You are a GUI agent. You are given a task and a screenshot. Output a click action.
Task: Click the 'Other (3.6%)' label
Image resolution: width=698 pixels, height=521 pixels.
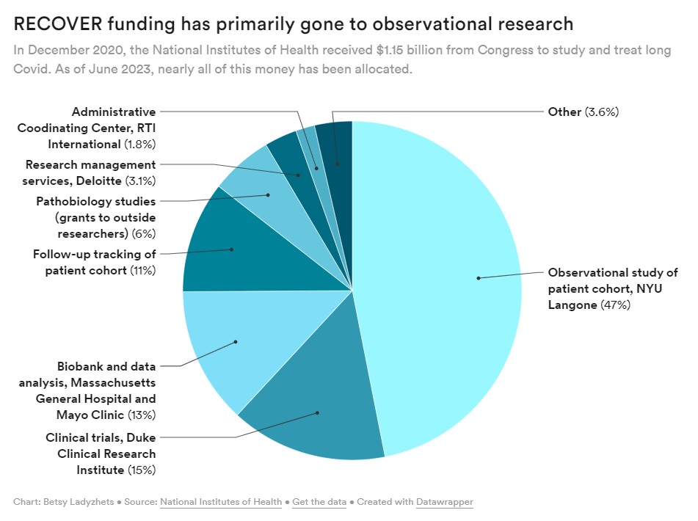(584, 112)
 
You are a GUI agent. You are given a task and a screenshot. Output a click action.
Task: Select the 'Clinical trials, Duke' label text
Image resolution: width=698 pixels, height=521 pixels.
(101, 437)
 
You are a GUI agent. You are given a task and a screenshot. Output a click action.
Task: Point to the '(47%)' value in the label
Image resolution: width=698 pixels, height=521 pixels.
(616, 305)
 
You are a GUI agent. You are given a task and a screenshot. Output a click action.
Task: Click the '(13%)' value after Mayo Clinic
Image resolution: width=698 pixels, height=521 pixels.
(141, 415)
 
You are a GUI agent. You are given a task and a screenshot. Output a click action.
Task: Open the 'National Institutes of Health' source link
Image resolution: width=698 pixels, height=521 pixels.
(220, 503)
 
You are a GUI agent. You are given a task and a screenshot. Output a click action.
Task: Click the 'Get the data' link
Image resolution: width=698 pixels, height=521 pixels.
(319, 503)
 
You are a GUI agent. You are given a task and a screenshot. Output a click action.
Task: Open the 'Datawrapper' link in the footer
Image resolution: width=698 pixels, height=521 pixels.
(444, 503)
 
